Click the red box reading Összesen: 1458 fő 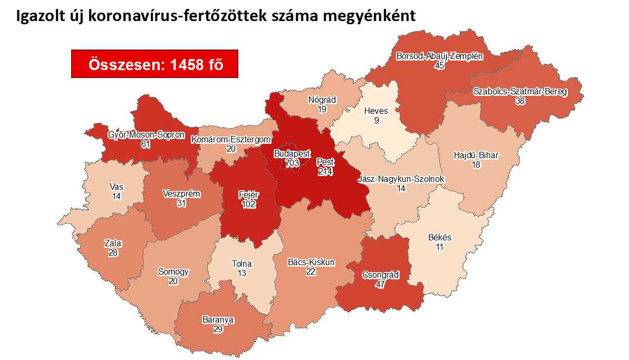click(154, 64)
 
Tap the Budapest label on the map click(292, 154)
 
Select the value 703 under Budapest click(292, 163)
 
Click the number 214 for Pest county click(325, 172)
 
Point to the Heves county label click(376, 111)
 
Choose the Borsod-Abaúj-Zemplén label click(439, 56)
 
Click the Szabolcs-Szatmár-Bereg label click(520, 92)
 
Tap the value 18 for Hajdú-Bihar click(476, 165)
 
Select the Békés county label click(439, 237)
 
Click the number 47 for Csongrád click(380, 285)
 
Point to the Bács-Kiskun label click(311, 262)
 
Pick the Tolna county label click(241, 264)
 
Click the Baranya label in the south click(218, 319)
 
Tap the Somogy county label click(173, 272)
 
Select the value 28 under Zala click(113, 253)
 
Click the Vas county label click(117, 187)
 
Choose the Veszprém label click(181, 194)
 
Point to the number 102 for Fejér click(249, 205)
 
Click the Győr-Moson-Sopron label click(146, 134)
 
